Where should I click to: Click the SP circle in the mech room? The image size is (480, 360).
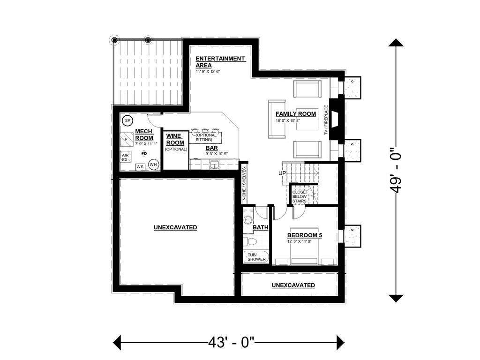click(x=127, y=121)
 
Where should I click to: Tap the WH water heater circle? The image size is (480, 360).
click(x=153, y=165)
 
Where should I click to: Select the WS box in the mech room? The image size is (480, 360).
click(x=140, y=166)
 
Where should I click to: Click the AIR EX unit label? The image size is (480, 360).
click(x=125, y=157)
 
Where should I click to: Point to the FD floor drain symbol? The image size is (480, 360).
click(x=144, y=153)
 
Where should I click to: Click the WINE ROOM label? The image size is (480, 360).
click(x=175, y=139)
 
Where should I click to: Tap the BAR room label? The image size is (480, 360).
click(x=212, y=148)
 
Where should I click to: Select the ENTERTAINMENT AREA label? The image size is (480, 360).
click(x=220, y=62)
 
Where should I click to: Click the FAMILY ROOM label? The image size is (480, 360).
click(x=295, y=114)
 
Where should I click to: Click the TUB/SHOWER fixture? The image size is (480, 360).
click(x=255, y=257)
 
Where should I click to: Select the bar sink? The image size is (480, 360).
click(x=215, y=165)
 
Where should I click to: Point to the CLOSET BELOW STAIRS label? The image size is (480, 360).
click(x=300, y=196)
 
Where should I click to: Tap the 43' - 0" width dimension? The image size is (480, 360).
click(x=232, y=341)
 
